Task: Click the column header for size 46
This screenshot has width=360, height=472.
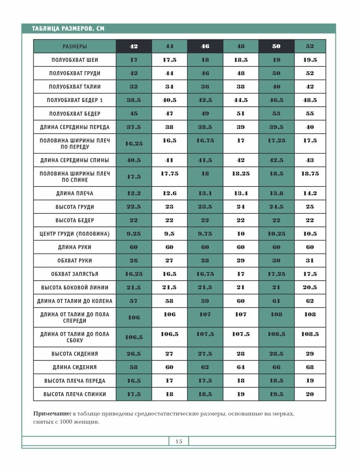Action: [205, 46]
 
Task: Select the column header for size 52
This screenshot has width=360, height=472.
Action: [310, 46]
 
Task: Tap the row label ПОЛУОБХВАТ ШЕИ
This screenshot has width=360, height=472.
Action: [75, 60]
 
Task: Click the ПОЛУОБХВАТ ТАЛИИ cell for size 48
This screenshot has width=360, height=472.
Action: [240, 87]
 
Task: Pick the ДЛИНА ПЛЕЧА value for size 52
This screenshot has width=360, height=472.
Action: [310, 194]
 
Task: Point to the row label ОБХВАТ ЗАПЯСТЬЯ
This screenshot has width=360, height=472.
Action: [75, 274]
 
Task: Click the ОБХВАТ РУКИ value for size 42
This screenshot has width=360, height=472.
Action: [134, 261]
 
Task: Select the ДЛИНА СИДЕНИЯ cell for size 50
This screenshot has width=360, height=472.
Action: [276, 367]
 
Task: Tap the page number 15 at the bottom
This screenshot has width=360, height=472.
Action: [179, 441]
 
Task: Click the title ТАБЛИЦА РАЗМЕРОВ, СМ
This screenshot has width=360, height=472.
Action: [68, 29]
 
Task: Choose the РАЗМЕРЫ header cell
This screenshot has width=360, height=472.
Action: [75, 46]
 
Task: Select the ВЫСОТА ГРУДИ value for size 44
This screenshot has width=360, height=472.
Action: [169, 207]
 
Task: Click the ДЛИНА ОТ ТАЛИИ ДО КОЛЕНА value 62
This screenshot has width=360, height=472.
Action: [310, 301]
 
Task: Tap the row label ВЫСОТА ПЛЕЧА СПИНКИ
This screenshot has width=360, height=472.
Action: [75, 394]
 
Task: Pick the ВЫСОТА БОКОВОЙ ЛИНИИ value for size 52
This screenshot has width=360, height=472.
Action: [310, 288]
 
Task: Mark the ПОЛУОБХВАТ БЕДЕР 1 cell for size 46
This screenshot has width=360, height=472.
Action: [205, 100]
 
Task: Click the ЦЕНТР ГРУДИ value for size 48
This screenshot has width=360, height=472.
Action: [240, 234]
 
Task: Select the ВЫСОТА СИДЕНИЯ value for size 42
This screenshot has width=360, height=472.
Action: [134, 354]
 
